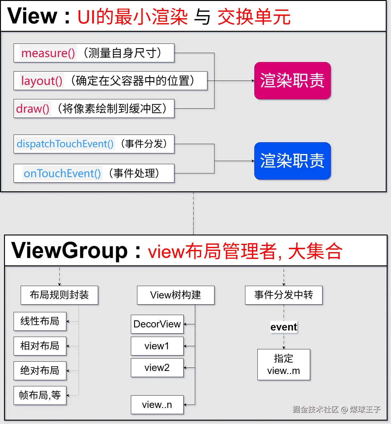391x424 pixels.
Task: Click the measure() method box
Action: point(94,53)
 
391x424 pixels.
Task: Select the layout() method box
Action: point(110,81)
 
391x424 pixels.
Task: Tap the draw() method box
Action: point(94,109)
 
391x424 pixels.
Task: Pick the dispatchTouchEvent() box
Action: point(94,144)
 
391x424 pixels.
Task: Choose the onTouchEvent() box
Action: point(94,173)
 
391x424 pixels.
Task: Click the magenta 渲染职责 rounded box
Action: point(292,81)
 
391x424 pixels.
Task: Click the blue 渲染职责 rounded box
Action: point(292,161)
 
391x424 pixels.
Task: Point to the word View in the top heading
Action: point(32,16)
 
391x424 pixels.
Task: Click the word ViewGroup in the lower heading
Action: point(69,251)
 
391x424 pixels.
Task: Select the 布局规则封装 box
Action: point(59,295)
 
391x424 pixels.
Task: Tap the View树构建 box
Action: point(176,295)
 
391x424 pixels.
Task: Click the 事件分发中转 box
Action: point(284,295)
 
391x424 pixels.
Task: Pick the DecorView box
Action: point(157,324)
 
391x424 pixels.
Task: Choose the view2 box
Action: point(157,368)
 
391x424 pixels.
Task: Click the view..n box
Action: point(157,405)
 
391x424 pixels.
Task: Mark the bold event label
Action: point(284,327)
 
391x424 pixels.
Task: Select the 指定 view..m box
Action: point(284,365)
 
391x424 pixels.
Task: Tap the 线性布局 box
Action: point(40,321)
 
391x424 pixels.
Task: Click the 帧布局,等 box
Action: point(40,395)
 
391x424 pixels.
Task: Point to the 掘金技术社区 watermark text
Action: point(315,409)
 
